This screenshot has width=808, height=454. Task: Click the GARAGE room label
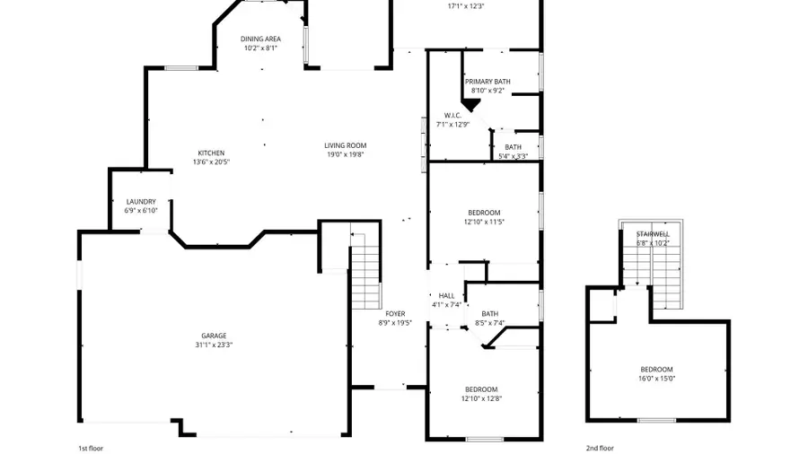click(x=213, y=336)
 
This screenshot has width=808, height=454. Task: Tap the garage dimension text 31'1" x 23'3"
click(x=213, y=345)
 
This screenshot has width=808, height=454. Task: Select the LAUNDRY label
click(x=141, y=202)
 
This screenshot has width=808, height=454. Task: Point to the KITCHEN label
click(x=211, y=153)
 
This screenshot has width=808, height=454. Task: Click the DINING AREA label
click(x=261, y=39)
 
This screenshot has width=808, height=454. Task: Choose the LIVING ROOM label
click(x=346, y=145)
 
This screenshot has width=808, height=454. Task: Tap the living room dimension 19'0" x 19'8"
click(x=346, y=154)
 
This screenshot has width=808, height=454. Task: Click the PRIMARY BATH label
click(x=487, y=82)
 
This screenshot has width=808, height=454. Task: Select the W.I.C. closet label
click(x=452, y=115)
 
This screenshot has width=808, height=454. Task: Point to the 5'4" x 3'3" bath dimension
click(x=513, y=156)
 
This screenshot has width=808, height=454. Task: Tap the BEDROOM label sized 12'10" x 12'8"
click(x=481, y=389)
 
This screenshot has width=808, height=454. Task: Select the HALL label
click(x=446, y=295)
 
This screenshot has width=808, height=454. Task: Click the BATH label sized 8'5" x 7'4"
click(x=488, y=313)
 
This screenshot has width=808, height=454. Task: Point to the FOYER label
click(x=395, y=313)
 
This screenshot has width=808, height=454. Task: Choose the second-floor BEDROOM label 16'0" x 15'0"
click(x=656, y=370)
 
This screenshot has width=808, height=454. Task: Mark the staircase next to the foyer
click(x=366, y=269)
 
